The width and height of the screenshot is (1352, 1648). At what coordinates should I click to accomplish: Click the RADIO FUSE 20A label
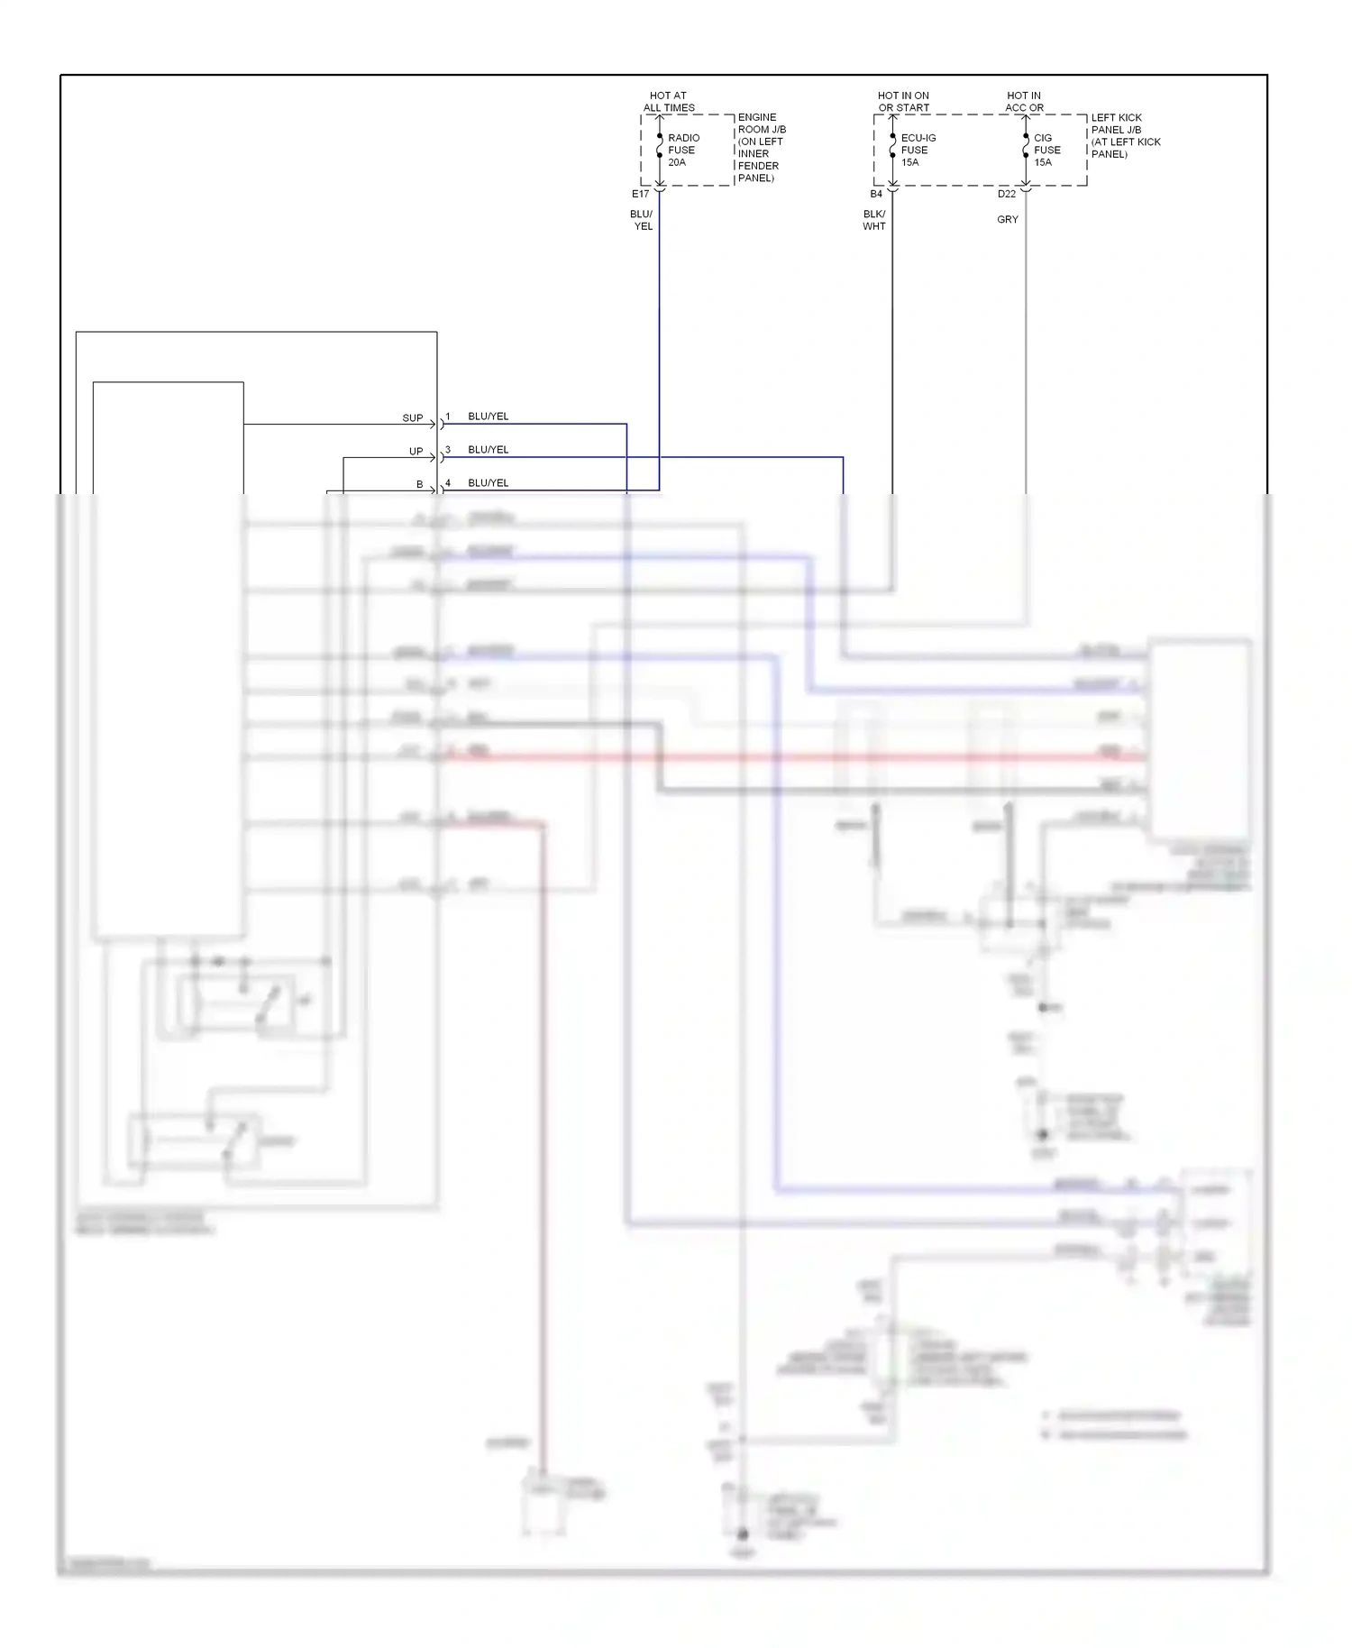(682, 150)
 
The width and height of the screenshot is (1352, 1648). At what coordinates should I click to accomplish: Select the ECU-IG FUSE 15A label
(917, 150)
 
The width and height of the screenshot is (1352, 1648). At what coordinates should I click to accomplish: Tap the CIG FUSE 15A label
(1046, 150)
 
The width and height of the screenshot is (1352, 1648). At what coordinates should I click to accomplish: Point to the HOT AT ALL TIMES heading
(669, 101)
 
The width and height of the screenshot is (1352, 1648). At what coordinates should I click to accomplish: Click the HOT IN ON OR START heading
(903, 101)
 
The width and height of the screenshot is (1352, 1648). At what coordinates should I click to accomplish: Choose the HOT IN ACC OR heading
(1024, 101)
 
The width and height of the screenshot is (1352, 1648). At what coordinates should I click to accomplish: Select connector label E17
(640, 194)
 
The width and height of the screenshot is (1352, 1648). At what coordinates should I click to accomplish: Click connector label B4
(876, 194)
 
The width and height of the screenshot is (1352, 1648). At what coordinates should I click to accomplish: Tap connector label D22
(1006, 194)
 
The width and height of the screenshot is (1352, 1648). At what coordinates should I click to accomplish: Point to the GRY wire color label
(1008, 219)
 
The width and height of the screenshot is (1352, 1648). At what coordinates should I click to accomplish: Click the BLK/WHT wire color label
(873, 220)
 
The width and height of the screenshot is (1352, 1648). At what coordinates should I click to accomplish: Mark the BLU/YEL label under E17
(642, 220)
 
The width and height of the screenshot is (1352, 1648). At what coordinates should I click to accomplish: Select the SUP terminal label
(412, 418)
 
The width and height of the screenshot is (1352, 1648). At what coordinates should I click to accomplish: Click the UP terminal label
(416, 452)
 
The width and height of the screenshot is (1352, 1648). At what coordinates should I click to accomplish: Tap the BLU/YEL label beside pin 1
(488, 417)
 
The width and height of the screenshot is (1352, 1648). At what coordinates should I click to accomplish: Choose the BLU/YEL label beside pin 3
(488, 450)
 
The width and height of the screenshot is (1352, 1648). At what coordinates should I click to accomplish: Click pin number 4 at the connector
(448, 483)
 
